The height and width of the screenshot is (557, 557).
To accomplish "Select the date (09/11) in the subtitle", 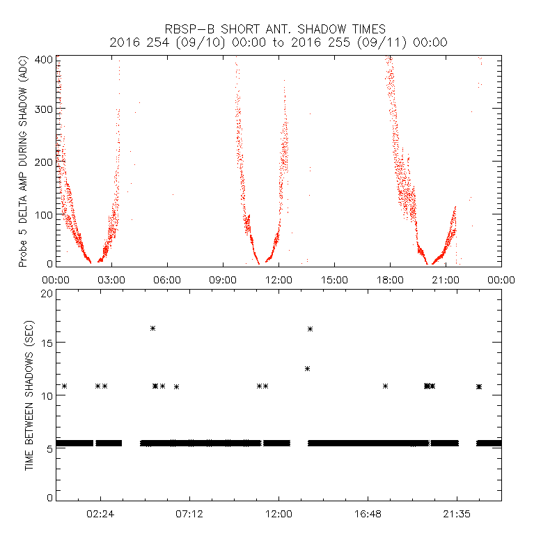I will (x=392, y=42).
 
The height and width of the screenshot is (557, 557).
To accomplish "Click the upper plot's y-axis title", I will (x=24, y=162).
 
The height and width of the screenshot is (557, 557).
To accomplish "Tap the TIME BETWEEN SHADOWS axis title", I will (x=29, y=395).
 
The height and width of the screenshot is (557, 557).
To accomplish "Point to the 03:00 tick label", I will (x=111, y=279).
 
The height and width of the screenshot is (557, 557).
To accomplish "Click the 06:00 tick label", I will (x=167, y=279).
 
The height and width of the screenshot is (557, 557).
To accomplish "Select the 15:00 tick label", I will (x=334, y=279).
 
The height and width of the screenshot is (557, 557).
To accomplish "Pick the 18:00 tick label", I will (x=390, y=279).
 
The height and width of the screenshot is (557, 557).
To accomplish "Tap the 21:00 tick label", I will (x=446, y=279).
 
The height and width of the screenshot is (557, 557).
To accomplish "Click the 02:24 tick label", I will (x=100, y=514).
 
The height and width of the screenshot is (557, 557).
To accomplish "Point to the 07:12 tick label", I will (x=189, y=514).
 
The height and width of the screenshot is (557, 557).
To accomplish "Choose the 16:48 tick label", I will (x=368, y=514).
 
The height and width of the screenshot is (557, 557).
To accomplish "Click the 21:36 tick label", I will (x=457, y=514).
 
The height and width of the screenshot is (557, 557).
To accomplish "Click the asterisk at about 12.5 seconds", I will (x=307, y=368).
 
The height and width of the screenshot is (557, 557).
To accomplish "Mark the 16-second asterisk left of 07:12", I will (x=152, y=328).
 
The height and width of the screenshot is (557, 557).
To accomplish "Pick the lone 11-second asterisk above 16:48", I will (x=385, y=386).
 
